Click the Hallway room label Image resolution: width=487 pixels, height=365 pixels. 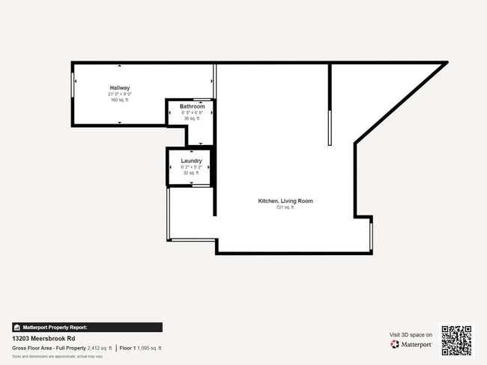click(120, 88)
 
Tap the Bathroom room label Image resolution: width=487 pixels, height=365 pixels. click(192, 106)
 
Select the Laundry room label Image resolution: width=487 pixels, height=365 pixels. click(192, 160)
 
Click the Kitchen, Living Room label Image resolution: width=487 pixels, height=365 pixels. click(285, 201)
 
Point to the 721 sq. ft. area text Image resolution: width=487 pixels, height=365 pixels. click(285, 208)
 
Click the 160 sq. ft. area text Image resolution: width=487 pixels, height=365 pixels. click(120, 99)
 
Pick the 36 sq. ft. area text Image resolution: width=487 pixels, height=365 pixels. click(192, 118)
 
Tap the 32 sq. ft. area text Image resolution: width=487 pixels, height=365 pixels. click(192, 172)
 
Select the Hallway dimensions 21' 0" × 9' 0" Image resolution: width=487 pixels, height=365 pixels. click(120, 93)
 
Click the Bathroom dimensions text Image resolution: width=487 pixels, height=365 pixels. click(192, 112)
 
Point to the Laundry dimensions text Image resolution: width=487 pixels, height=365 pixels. click(192, 166)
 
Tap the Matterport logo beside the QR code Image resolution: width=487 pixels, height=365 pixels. click(411, 345)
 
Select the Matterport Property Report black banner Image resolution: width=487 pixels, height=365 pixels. click(87, 327)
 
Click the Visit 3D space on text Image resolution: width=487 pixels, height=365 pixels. click(411, 334)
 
